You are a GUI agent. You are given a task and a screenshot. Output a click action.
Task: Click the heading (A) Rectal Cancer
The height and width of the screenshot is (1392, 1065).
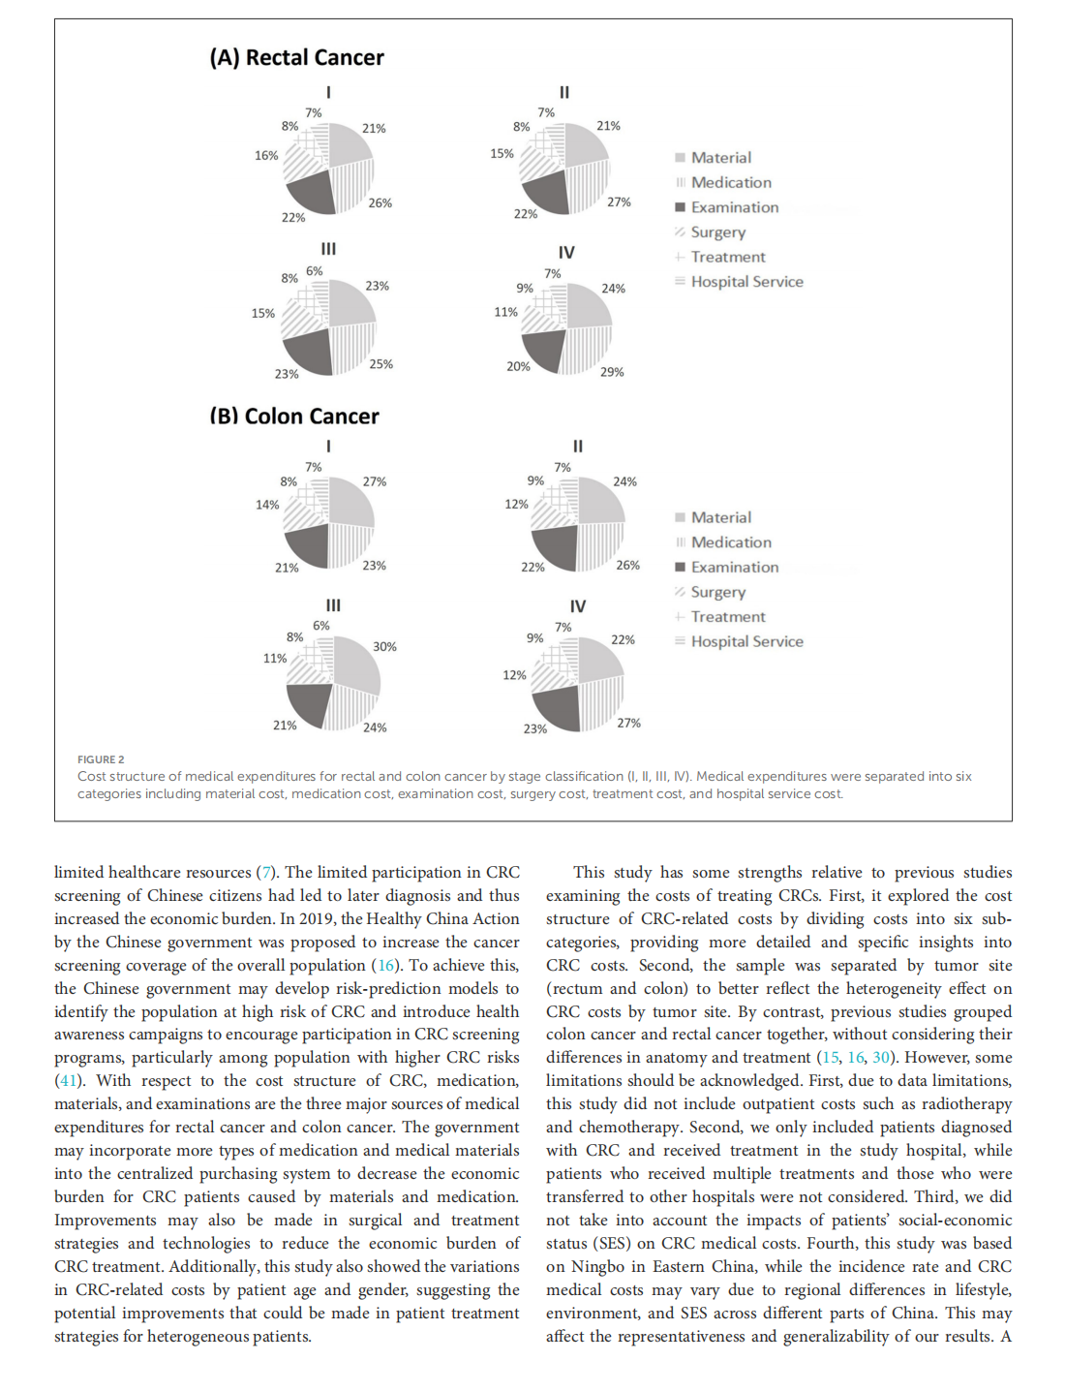296,58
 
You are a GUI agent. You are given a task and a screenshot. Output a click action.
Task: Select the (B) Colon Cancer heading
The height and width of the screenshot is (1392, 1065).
294,417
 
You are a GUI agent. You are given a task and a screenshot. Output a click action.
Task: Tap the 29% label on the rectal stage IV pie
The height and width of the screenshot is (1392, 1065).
612,372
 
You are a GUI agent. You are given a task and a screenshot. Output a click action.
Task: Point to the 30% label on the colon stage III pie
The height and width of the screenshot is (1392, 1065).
384,647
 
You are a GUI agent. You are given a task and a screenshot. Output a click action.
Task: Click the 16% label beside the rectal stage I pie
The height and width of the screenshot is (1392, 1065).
266,156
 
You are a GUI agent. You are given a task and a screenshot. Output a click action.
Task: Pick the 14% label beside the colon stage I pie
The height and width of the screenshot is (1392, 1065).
267,505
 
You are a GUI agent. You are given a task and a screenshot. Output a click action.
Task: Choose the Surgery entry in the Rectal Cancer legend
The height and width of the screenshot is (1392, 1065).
717,232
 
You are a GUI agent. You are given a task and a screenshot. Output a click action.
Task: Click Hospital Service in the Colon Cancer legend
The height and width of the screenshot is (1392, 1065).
746,641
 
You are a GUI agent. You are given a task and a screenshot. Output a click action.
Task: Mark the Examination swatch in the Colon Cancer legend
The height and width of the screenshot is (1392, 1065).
681,568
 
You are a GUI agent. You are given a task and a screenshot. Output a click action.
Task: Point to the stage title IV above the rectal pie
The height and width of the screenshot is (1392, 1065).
566,253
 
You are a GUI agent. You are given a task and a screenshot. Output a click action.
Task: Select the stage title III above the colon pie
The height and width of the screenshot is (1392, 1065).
333,605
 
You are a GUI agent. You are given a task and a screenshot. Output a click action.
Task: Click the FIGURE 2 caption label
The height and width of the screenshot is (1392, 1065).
101,759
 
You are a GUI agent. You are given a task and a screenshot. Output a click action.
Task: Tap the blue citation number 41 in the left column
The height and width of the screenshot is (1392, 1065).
69,1081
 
